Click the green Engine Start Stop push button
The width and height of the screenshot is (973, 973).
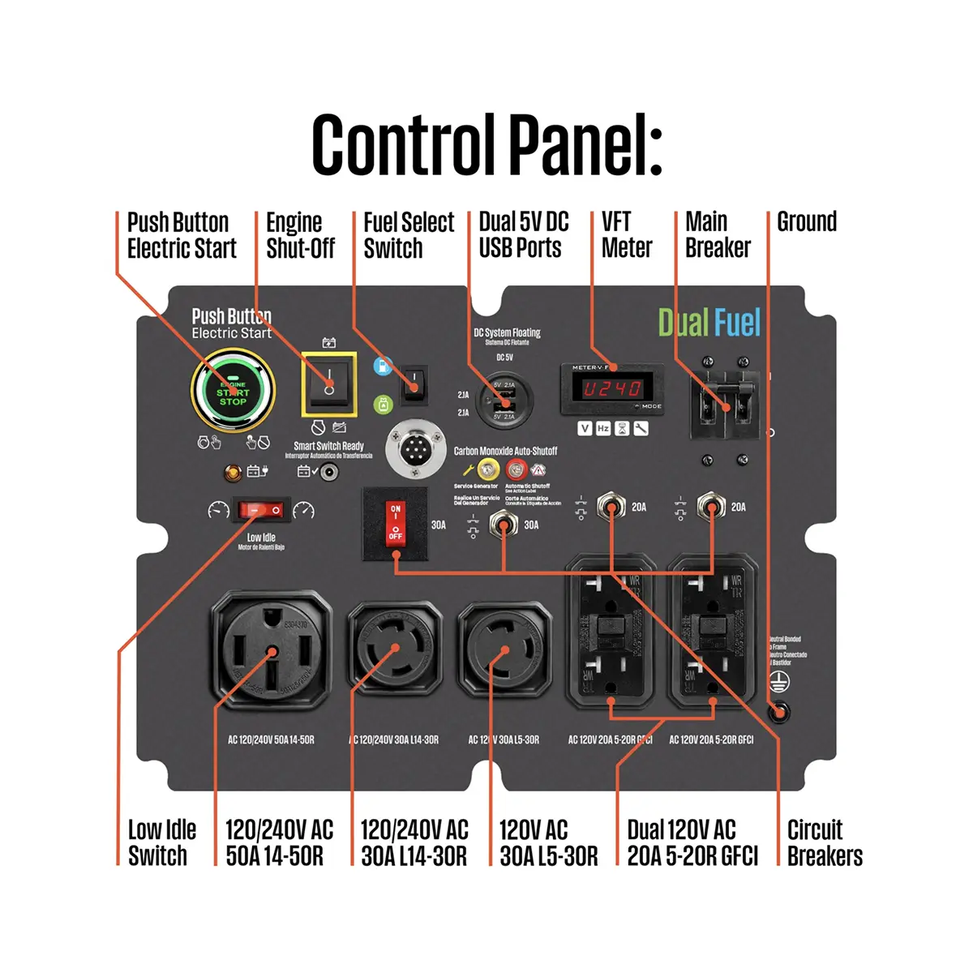click(233, 392)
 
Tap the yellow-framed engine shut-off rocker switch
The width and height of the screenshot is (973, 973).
click(329, 384)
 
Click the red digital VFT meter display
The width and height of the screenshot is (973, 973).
click(613, 388)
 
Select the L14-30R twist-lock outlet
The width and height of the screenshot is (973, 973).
click(395, 648)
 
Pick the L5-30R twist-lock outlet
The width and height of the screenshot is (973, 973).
click(504, 648)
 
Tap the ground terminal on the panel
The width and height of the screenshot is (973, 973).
click(778, 712)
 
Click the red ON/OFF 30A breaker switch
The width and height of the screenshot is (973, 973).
click(395, 523)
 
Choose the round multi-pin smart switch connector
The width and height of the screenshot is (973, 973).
click(415, 448)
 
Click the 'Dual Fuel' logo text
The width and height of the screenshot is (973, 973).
click(709, 323)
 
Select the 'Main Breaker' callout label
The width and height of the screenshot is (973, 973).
click(718, 234)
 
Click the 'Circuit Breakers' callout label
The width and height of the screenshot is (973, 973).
click(824, 842)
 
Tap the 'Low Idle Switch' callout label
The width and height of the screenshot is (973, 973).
click(161, 842)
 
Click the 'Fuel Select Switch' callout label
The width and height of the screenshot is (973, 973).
click(408, 234)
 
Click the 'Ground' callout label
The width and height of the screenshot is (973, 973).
click(806, 221)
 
